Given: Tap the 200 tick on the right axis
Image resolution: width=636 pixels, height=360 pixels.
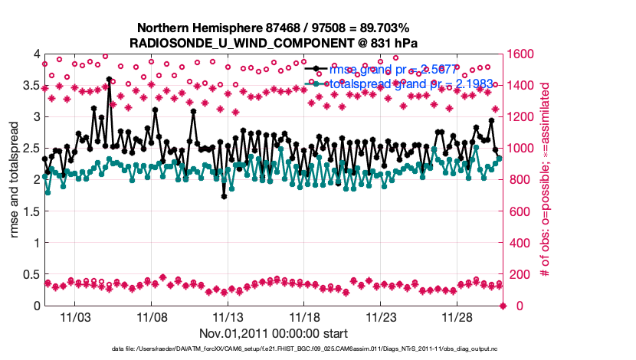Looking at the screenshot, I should (x=519, y=274).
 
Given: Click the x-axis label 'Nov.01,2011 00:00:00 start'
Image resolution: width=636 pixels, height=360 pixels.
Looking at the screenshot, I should (x=273, y=333).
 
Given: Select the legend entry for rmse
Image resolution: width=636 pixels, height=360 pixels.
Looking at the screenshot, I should (x=383, y=70).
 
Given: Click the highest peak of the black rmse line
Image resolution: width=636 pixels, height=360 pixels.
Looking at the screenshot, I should (x=109, y=79).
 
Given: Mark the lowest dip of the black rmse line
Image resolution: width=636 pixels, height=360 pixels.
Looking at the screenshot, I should (x=224, y=196).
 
